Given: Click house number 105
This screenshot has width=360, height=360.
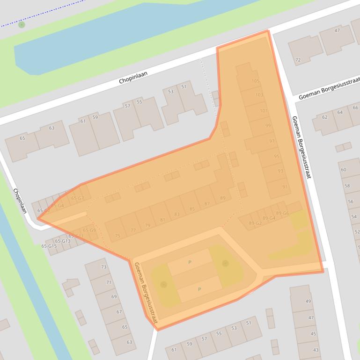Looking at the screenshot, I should pos(255,81).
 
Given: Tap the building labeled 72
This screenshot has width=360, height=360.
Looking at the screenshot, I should pos(298,60).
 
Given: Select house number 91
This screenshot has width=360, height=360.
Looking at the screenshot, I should pos(285,187).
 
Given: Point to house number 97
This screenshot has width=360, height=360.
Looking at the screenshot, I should pos(272,141).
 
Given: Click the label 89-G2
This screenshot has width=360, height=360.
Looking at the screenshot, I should pos(255,223).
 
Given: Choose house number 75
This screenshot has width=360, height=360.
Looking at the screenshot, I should pos(118,236).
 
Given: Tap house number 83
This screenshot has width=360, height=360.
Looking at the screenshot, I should pos(176,215).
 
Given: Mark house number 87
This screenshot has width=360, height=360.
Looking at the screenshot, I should pos(207,204).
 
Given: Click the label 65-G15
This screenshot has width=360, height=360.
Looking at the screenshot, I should pos(49,246).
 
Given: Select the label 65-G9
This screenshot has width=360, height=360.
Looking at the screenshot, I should pos(89,230).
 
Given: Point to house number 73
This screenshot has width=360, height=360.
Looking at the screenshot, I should pos(103,267).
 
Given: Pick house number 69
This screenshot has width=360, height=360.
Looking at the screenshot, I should pos(114,297).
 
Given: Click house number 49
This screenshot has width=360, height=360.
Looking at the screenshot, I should pos(308,301).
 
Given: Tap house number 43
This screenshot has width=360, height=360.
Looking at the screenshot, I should pos(316,350).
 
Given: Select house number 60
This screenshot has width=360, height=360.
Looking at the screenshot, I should pos(344,170).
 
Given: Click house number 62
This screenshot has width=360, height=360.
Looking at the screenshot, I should pos(325,117).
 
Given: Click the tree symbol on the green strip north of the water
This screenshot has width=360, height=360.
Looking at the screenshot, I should pos(22,24).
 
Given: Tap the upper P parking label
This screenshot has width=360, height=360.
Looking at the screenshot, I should pos(190,262).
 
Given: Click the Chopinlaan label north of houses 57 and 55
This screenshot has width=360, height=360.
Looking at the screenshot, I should pos(133,77).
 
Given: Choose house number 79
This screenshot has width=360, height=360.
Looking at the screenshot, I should pos(147,225).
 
